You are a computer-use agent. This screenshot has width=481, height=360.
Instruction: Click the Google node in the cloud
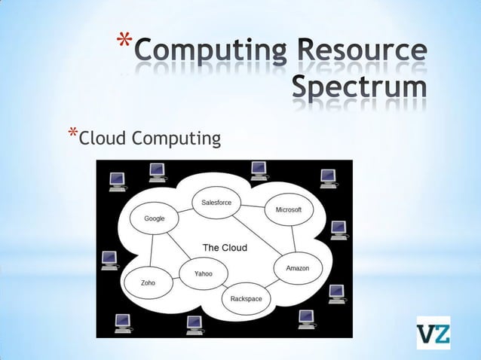(155, 218)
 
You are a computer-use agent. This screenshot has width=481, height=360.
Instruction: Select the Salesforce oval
(216, 203)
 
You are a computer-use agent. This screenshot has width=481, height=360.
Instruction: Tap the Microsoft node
(289, 209)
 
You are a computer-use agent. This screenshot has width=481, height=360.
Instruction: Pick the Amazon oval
(298, 268)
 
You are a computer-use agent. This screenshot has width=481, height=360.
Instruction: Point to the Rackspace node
(246, 299)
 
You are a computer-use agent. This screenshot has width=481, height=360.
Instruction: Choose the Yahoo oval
(203, 273)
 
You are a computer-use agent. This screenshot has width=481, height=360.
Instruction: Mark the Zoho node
(149, 282)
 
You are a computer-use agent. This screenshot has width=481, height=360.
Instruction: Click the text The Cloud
(225, 248)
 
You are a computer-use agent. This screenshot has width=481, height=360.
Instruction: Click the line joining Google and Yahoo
(178, 246)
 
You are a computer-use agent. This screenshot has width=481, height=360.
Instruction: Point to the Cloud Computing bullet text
(150, 139)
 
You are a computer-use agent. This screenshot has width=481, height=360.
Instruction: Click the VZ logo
(433, 333)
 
